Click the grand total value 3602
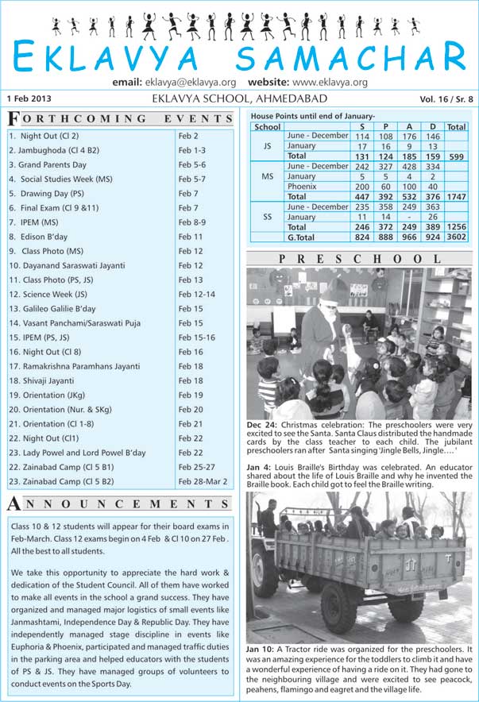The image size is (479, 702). [456, 237]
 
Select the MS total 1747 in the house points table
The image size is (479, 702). [456, 196]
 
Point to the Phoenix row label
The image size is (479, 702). [302, 187]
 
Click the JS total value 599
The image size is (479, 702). [456, 156]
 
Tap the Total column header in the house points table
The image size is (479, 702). [456, 127]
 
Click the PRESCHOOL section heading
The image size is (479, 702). [359, 259]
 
